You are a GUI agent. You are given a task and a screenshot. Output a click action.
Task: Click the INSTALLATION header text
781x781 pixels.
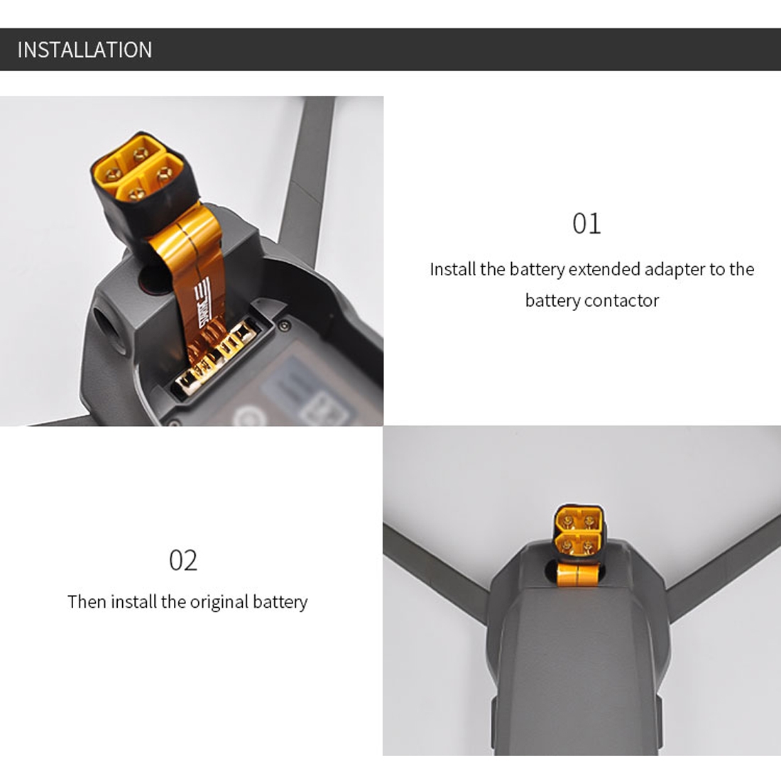tap(84, 50)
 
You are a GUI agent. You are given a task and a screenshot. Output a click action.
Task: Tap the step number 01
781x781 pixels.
tap(586, 224)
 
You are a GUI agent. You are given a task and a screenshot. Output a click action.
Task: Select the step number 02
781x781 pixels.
tap(182, 560)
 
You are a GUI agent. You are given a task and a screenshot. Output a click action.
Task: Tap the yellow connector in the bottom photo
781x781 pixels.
tap(579, 531)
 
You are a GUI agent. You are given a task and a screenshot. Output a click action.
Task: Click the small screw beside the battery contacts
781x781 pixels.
tap(283, 326)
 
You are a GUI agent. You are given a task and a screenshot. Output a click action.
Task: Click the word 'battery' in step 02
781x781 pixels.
tap(280, 602)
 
